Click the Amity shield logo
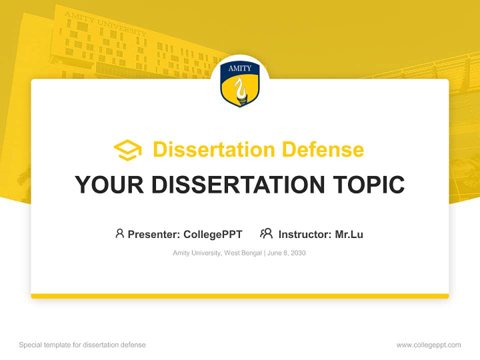240,83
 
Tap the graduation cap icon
127,150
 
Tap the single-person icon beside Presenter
119,233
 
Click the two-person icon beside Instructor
266,233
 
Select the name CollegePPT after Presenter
213,234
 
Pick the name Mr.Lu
349,234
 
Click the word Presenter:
154,234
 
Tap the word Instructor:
305,234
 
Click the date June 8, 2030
286,253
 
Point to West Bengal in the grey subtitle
243,253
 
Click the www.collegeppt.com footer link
428,345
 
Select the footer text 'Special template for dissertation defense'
82,345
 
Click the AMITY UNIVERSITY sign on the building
105,24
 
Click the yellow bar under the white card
240,296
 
